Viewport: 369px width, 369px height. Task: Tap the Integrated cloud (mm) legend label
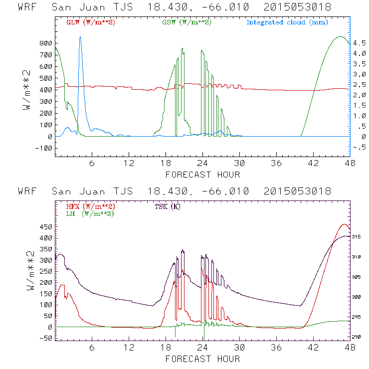coord(287,22)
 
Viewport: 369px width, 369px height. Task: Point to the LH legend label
coord(89,213)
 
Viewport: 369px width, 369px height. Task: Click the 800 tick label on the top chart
coord(47,43)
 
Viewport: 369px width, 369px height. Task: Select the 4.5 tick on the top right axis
coord(358,43)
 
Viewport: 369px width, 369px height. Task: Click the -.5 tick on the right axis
coord(358,147)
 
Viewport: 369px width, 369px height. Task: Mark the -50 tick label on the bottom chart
coord(47,339)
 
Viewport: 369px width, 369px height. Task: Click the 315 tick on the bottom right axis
coord(357,236)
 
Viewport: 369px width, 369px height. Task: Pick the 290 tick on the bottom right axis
coord(357,338)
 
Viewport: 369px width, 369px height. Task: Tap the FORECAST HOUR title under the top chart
coord(202,175)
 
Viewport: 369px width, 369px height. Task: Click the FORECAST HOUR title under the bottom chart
coord(202,359)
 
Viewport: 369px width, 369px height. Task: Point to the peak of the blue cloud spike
coord(80,37)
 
